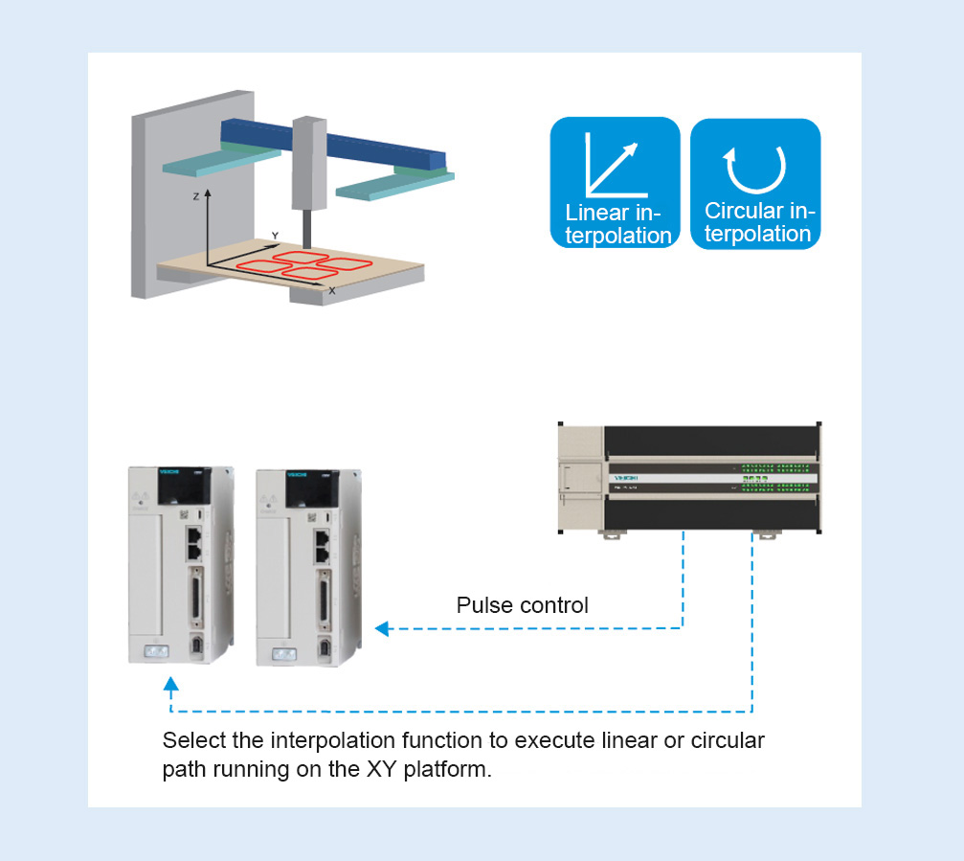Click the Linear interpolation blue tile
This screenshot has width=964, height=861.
click(x=614, y=183)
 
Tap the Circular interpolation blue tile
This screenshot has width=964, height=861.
click(x=755, y=183)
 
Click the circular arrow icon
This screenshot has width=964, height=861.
click(x=755, y=168)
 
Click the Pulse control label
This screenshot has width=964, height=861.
click(x=522, y=605)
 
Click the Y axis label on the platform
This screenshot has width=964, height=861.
click(x=275, y=236)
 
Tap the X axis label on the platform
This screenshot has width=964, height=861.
click(x=332, y=289)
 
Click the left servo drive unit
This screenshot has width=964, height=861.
click(x=180, y=565)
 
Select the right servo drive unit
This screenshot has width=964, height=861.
click(x=308, y=566)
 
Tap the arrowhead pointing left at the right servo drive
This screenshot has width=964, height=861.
click(x=382, y=629)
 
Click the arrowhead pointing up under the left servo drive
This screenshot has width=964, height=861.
click(x=170, y=685)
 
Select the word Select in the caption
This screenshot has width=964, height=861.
click(x=189, y=740)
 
